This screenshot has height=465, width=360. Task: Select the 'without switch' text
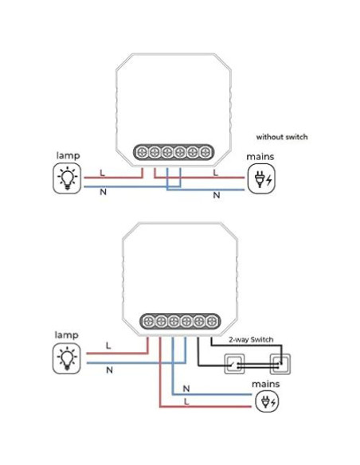pyautogui.click(x=281, y=137)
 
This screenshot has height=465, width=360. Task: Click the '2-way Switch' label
pyautogui.click(x=251, y=340)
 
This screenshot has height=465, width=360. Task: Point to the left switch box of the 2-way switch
pyautogui.click(x=237, y=363)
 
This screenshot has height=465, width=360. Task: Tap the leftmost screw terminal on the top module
pyautogui.click(x=144, y=150)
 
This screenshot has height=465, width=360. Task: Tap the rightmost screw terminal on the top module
pyautogui.click(x=205, y=150)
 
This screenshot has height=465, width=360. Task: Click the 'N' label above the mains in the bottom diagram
pyautogui.click(x=186, y=388)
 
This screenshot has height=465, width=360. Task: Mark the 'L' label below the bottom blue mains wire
pyautogui.click(x=186, y=401)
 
